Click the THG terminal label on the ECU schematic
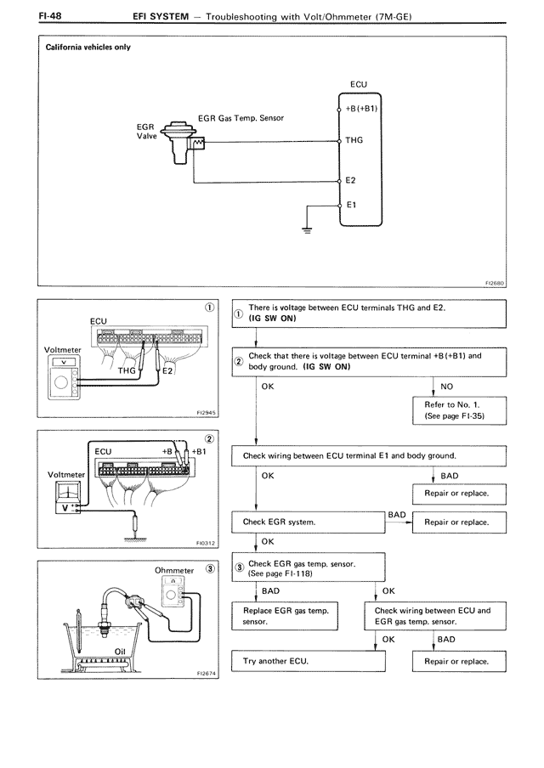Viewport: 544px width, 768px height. (354, 141)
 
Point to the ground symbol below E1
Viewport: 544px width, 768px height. (308, 229)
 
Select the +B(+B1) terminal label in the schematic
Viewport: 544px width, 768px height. (362, 109)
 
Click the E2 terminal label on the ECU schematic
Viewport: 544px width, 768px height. (351, 181)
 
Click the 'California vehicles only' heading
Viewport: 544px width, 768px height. (88, 48)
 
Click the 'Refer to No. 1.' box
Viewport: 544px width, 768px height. (458, 411)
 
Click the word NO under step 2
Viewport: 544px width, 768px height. (447, 386)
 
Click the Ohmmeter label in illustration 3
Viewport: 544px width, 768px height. (174, 571)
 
